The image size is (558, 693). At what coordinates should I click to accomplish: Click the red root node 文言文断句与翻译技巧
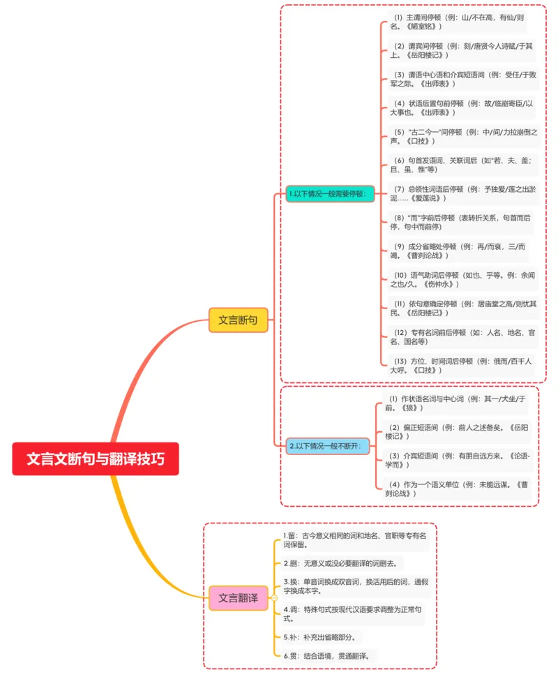click(96, 459)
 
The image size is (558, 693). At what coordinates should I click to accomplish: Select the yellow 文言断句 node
click(238, 320)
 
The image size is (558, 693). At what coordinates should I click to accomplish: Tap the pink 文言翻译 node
click(239, 598)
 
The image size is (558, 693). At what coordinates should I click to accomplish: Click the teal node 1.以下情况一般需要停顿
click(326, 193)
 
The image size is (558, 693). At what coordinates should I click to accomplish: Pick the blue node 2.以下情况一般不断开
click(325, 445)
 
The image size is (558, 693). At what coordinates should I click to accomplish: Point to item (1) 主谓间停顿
click(458, 22)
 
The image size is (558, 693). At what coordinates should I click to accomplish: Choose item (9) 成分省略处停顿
click(458, 251)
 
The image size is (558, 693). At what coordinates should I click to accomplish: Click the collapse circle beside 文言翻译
click(273, 598)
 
